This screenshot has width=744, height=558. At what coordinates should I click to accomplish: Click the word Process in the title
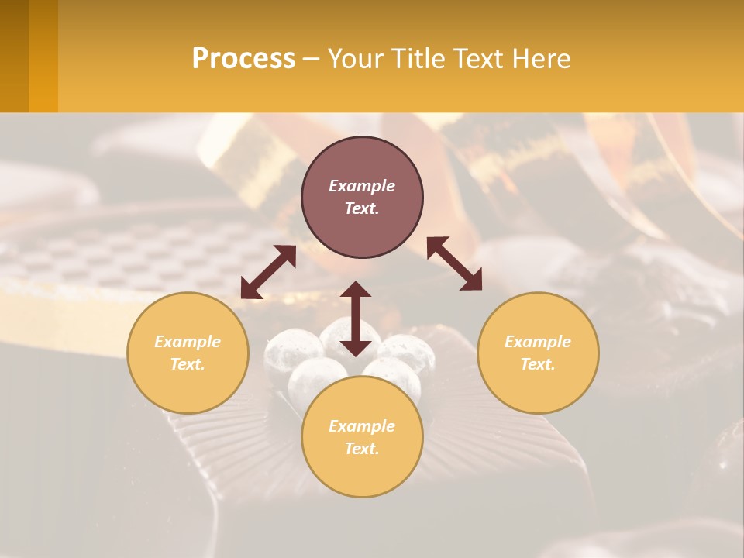[x=243, y=59]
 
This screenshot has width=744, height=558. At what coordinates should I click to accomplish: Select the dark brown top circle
[x=362, y=163]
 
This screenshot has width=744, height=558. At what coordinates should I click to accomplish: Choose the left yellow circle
[x=188, y=353]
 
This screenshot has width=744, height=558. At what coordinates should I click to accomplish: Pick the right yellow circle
[x=538, y=353]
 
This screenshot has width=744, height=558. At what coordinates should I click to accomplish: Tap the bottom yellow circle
[x=362, y=437]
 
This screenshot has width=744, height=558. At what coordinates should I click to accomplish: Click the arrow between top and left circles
[x=268, y=272]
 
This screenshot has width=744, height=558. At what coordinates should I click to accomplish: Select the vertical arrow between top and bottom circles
[x=356, y=319]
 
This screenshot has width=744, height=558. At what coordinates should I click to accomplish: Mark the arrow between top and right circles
[x=454, y=263]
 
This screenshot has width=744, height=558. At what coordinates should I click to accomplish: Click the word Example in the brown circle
[x=362, y=186]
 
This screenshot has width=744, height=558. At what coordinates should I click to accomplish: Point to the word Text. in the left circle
[x=188, y=364]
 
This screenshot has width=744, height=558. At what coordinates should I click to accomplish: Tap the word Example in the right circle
[x=538, y=342]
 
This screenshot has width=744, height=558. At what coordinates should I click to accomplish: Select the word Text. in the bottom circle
[x=362, y=449]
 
